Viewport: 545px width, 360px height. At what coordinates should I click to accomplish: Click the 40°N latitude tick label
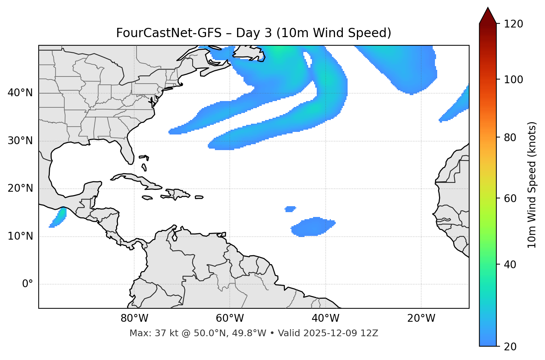tap(20, 93)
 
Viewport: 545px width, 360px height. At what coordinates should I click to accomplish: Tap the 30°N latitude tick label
tap(20, 141)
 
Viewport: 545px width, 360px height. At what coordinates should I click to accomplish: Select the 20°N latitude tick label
tap(20, 188)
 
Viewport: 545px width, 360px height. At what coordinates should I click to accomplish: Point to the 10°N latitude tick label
tap(20, 236)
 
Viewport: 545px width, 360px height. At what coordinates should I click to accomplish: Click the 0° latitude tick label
tap(28, 284)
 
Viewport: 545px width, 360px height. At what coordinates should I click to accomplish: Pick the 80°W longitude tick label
tap(134, 318)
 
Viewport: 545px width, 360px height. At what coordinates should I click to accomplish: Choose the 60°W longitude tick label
tap(230, 318)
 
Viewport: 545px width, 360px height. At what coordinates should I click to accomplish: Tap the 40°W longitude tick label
tap(325, 318)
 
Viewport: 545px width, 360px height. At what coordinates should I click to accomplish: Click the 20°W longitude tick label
tap(421, 318)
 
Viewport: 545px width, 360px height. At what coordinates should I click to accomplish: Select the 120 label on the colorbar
tap(513, 24)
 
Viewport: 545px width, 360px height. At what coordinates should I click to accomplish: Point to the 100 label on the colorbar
tap(513, 80)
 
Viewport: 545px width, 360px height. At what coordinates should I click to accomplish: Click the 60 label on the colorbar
tap(510, 198)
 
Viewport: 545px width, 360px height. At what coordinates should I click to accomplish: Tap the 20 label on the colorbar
tap(510, 346)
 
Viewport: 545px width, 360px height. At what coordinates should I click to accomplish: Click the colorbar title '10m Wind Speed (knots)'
tap(532, 185)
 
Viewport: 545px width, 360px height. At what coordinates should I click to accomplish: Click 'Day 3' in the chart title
tap(254, 33)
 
